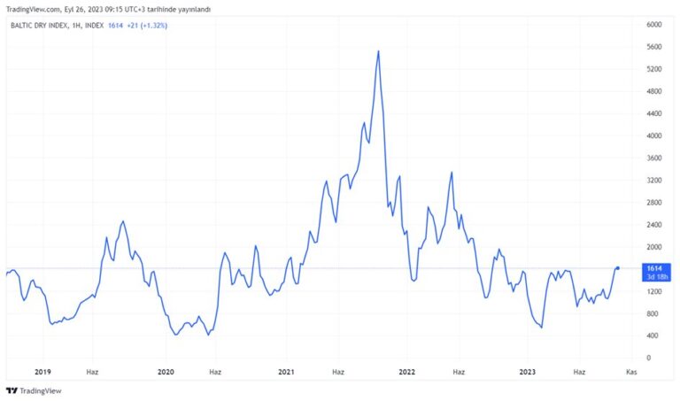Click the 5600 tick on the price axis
(654, 47)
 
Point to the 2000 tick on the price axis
(654, 247)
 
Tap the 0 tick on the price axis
(649, 359)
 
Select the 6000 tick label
(654, 25)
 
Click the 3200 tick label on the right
(654, 181)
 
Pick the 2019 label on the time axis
(42, 372)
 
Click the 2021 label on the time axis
(286, 372)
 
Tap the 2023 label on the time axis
(528, 372)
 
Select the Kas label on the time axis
(631, 372)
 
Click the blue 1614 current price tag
(656, 273)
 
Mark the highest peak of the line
(379, 51)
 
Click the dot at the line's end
(617, 268)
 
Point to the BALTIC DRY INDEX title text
(39, 26)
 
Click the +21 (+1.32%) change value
(147, 26)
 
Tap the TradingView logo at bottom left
(34, 391)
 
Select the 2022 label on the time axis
(406, 372)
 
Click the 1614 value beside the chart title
(115, 26)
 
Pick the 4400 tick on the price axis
(654, 113)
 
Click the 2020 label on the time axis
(166, 372)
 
